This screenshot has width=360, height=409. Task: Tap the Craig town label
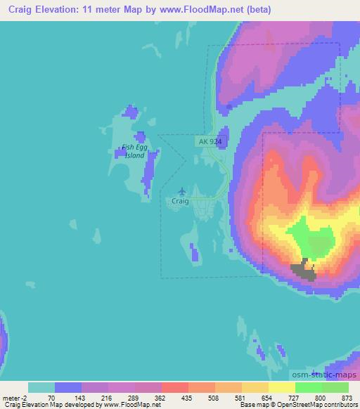click(180, 200)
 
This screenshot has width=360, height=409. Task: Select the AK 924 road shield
click(209, 141)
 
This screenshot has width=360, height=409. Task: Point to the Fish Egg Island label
click(134, 151)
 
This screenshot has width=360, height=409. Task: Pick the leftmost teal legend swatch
click(41, 387)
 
